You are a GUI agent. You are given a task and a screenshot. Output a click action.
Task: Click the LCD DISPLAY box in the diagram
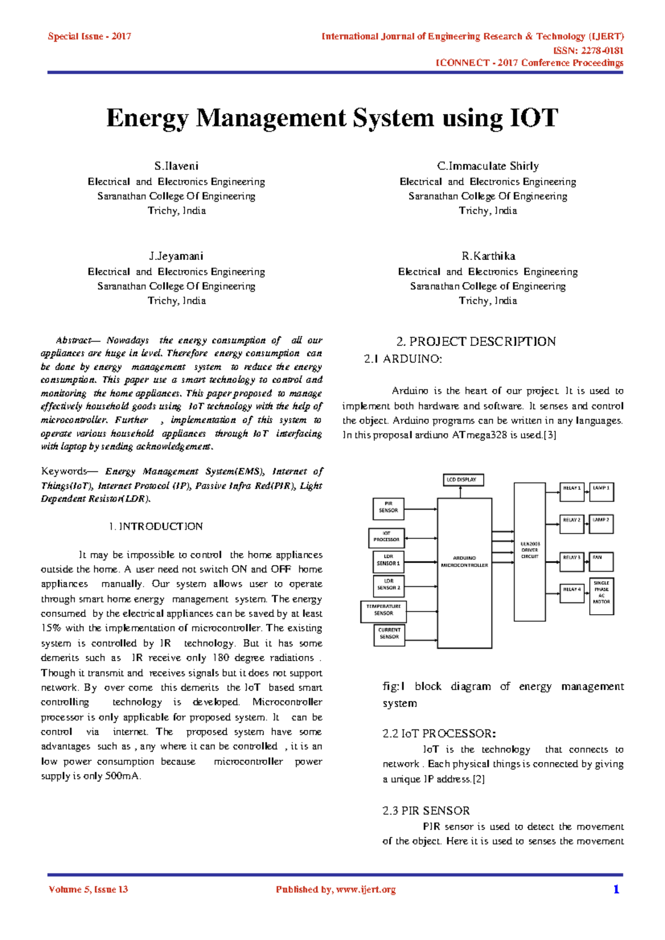(463, 479)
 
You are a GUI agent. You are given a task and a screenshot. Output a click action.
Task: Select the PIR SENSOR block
(388, 507)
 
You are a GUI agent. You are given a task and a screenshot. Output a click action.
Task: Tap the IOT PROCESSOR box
(386, 537)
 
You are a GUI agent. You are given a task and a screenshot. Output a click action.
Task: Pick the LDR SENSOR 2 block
(388, 584)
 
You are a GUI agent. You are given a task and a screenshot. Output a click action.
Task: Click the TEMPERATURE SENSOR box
(383, 610)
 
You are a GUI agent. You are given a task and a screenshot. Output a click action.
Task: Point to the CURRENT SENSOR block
(389, 634)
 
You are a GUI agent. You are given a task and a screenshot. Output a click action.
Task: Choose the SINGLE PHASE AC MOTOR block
(601, 592)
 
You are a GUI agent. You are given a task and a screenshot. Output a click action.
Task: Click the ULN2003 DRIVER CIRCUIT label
(530, 550)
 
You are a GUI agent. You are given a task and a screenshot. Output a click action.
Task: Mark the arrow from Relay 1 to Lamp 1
(586, 488)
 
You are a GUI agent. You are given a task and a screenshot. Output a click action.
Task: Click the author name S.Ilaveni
(176, 166)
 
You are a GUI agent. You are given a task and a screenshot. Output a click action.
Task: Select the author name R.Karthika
(488, 256)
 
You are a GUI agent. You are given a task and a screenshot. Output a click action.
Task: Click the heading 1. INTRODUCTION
(156, 527)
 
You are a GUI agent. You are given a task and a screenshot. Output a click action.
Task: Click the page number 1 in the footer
(616, 890)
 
